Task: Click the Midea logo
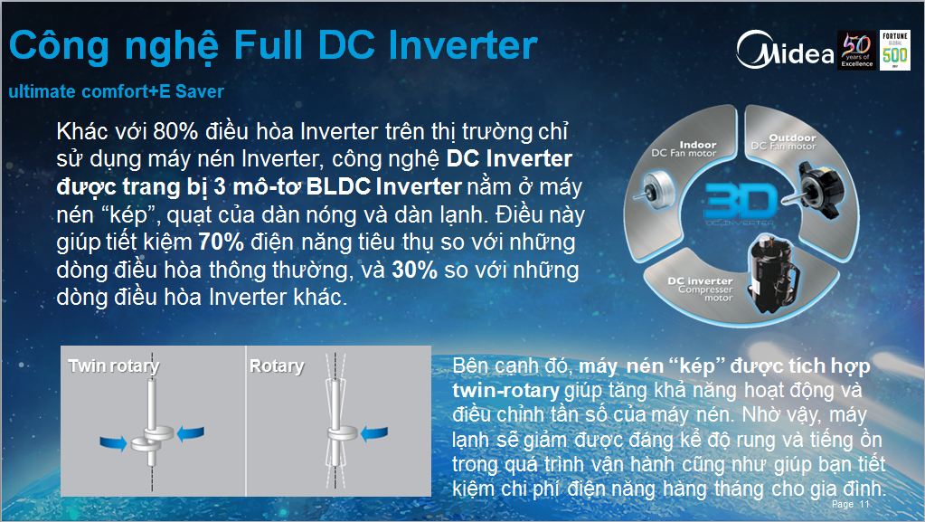(x=785, y=50)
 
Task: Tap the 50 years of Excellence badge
(x=856, y=50)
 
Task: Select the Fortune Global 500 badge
(x=894, y=50)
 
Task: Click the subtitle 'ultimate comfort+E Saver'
(x=117, y=91)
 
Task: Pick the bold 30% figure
(x=415, y=270)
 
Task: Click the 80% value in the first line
(x=175, y=131)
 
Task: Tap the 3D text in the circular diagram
(x=741, y=201)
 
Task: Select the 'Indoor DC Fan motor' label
(x=684, y=148)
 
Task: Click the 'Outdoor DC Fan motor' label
(x=784, y=142)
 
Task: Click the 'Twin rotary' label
(x=114, y=366)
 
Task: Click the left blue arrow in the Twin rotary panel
(x=113, y=443)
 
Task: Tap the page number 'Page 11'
(x=851, y=504)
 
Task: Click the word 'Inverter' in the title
(x=463, y=45)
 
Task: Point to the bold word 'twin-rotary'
(x=506, y=390)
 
